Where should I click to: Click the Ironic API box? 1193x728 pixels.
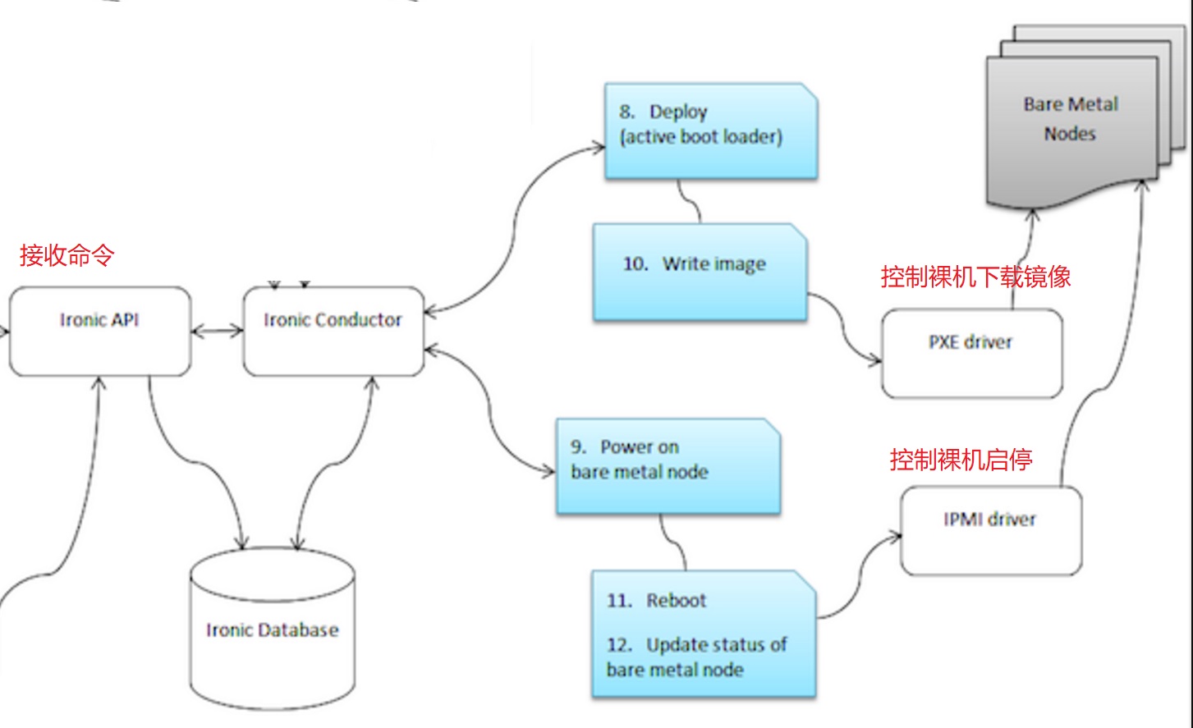(x=99, y=332)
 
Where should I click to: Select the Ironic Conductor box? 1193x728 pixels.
(x=333, y=332)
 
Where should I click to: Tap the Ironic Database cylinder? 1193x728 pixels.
(x=272, y=630)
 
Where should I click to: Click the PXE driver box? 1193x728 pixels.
(x=971, y=353)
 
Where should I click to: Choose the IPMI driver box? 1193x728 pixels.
(x=990, y=530)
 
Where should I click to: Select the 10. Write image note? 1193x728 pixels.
(x=700, y=271)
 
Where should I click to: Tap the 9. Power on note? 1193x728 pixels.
(x=667, y=465)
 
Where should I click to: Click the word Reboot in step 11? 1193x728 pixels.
(x=676, y=601)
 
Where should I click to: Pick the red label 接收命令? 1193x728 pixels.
(x=67, y=255)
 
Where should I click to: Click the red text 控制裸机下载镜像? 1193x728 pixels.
(x=975, y=277)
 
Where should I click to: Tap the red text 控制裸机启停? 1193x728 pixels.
(x=961, y=459)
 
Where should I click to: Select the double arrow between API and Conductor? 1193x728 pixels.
(x=217, y=332)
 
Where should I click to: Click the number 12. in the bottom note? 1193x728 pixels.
(x=620, y=645)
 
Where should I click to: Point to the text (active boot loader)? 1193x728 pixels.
(x=701, y=137)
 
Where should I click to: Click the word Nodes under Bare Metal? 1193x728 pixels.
(x=1069, y=134)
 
